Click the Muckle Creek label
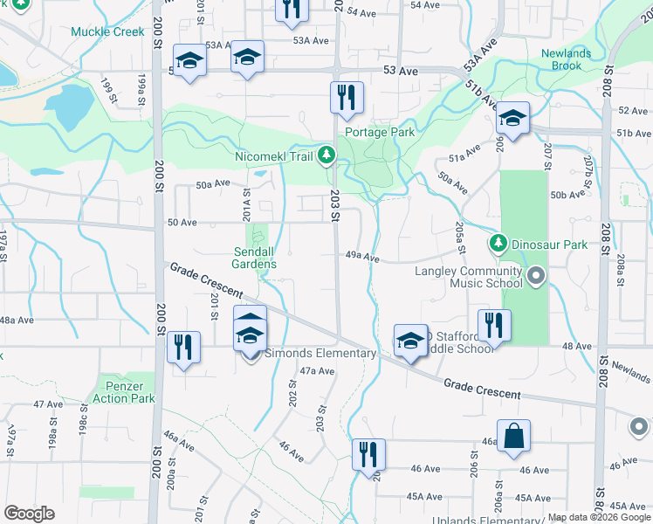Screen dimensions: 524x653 click(x=108, y=31)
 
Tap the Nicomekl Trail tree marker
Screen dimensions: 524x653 click(x=326, y=155)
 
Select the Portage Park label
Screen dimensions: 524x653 click(x=380, y=133)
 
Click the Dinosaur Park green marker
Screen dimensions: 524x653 click(x=498, y=241)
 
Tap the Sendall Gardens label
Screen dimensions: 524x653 click(x=256, y=258)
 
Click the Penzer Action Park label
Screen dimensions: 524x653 click(x=123, y=391)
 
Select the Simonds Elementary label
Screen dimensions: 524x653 click(x=320, y=354)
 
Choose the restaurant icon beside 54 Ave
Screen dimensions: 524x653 click(x=291, y=10)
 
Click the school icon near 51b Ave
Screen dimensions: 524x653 click(x=512, y=117)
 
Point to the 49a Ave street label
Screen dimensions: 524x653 click(x=362, y=258)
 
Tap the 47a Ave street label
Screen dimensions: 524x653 click(x=318, y=371)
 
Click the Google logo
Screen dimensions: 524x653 click(x=29, y=514)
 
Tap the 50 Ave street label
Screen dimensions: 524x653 click(x=182, y=223)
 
